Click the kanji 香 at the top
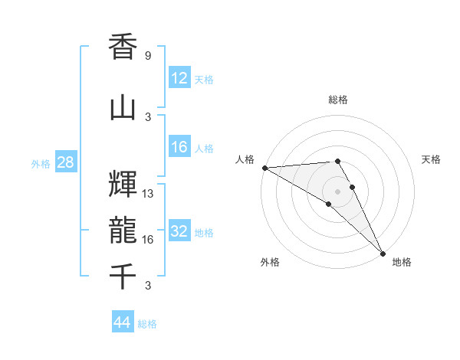(x=123, y=48)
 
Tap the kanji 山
(x=123, y=108)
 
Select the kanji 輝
(x=123, y=184)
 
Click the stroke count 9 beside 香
(x=147, y=56)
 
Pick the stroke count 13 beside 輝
(x=148, y=193)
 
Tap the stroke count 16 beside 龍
(x=148, y=240)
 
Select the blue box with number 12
(x=179, y=78)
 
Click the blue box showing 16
(x=179, y=147)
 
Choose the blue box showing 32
(x=179, y=231)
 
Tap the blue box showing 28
(x=64, y=162)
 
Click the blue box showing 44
(x=123, y=322)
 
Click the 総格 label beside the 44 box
(x=147, y=324)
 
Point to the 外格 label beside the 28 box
(x=41, y=164)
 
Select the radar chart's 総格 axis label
(x=337, y=100)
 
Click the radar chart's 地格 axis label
(x=402, y=262)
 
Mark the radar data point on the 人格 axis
(x=264, y=168)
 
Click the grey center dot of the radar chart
(x=337, y=191)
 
